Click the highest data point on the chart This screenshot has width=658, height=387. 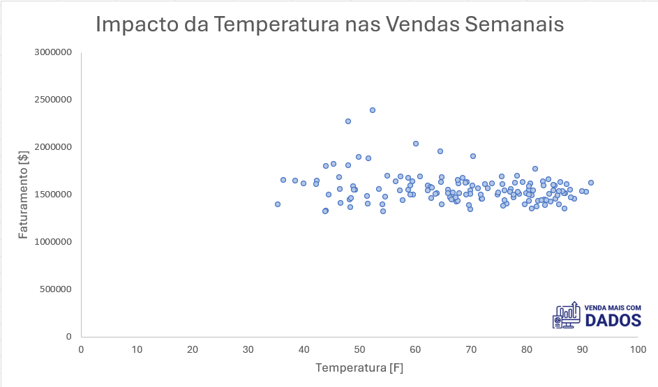[373, 110]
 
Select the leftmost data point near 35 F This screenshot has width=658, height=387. [278, 204]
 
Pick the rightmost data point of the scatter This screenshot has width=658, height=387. [591, 183]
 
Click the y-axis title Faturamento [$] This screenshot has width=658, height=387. [24, 195]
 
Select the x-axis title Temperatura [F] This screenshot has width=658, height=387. [359, 367]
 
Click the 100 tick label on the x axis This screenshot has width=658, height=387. [637, 349]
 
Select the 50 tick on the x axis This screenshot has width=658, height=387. [359, 349]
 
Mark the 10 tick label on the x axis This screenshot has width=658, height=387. [137, 349]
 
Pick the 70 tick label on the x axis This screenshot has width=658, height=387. [470, 349]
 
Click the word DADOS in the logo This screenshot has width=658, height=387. [613, 320]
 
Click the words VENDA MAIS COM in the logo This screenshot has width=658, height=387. [612, 308]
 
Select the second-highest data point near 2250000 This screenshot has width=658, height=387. [348, 121]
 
